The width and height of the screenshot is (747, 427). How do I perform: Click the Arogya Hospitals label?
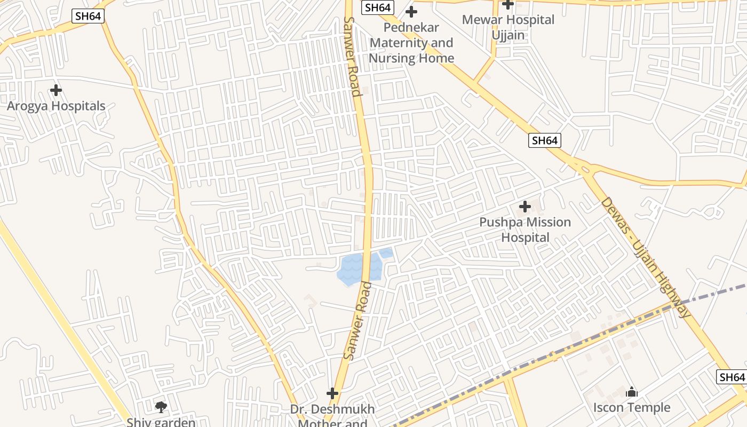click(x=56, y=106)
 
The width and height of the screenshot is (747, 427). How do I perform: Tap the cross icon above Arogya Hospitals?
click(x=56, y=90)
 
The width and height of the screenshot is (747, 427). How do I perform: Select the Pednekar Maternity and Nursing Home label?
click(x=411, y=43)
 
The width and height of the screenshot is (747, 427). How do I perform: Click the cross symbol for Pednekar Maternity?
click(x=411, y=11)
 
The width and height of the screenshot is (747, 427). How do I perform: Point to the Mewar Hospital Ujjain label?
click(x=508, y=27)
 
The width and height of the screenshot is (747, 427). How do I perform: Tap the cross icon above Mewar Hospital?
click(x=508, y=4)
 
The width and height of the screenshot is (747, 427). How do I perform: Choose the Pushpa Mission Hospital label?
click(x=525, y=230)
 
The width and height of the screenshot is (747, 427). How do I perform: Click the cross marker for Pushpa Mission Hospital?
click(x=525, y=206)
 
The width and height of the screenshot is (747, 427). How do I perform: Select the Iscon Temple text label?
click(x=632, y=408)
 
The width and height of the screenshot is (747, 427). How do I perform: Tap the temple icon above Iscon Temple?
click(x=632, y=392)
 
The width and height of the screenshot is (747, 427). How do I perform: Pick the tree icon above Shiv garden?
click(x=161, y=407)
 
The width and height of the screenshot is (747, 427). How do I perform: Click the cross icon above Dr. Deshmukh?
click(x=332, y=393)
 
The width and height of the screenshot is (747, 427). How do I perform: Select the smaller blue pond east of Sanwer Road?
click(x=386, y=253)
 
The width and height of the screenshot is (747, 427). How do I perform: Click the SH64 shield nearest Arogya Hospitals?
click(x=88, y=16)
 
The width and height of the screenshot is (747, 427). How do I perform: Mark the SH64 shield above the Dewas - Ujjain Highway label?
click(x=545, y=140)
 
